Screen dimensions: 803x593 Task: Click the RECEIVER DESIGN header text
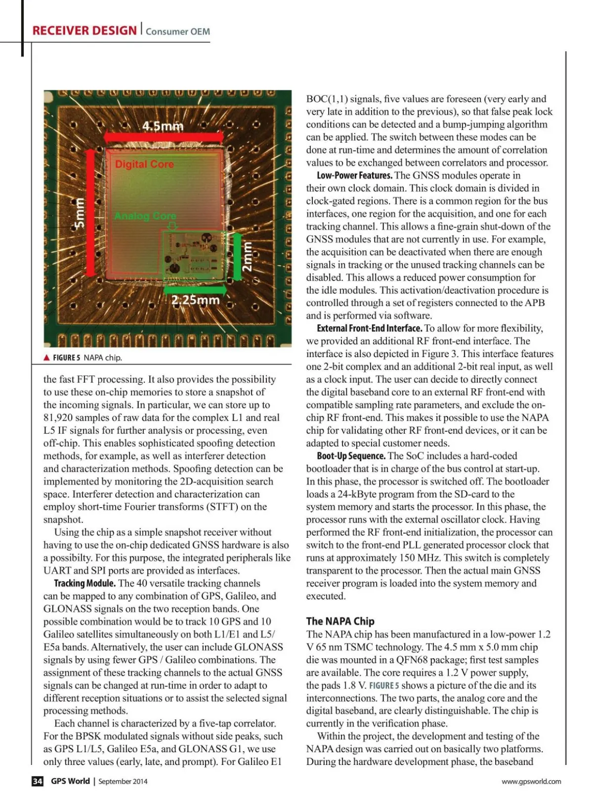pyautogui.click(x=84, y=31)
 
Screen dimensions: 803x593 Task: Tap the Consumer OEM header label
pyautogui.click(x=178, y=32)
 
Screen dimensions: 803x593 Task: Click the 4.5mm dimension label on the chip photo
pyautogui.click(x=163, y=126)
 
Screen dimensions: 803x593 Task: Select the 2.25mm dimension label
pyautogui.click(x=195, y=300)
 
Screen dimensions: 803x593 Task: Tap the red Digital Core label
pyautogui.click(x=144, y=164)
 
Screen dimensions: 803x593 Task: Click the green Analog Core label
pyautogui.click(x=145, y=216)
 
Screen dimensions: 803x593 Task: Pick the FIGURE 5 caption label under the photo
pyautogui.click(x=66, y=358)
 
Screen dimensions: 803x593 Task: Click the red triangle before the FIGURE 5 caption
pyautogui.click(x=46, y=358)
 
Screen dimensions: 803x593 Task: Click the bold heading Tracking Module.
pyautogui.click(x=85, y=583)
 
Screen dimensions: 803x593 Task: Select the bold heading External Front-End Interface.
pyautogui.click(x=369, y=328)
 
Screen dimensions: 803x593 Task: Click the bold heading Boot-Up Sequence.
pyautogui.click(x=351, y=456)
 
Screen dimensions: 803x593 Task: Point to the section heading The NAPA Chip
pyautogui.click(x=340, y=621)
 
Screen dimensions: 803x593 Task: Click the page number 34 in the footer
pyautogui.click(x=38, y=781)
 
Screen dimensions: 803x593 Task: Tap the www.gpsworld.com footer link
pyautogui.click(x=531, y=781)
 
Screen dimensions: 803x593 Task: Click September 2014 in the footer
pyautogui.click(x=123, y=781)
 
